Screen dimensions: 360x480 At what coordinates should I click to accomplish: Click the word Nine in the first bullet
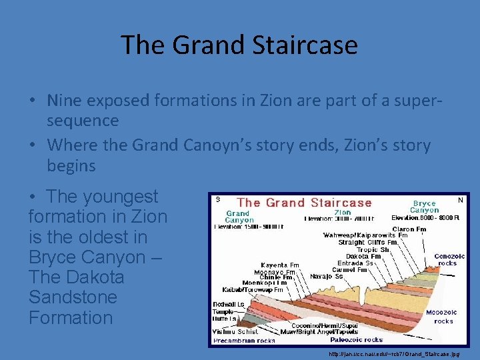66,100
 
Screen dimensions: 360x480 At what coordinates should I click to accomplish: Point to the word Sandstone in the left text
73,297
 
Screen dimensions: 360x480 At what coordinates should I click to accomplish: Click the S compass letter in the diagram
217,199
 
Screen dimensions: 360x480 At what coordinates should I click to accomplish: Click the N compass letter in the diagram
460,199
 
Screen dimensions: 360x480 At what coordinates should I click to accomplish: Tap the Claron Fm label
409,229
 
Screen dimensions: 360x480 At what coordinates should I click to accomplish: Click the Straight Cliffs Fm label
369,243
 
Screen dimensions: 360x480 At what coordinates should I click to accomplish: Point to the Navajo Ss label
327,276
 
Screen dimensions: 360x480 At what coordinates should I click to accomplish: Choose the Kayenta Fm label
279,265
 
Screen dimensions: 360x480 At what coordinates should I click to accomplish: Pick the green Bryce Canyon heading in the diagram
425,207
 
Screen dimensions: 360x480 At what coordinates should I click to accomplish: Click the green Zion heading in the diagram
343,212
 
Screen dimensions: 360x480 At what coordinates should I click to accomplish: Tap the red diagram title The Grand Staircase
305,203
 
